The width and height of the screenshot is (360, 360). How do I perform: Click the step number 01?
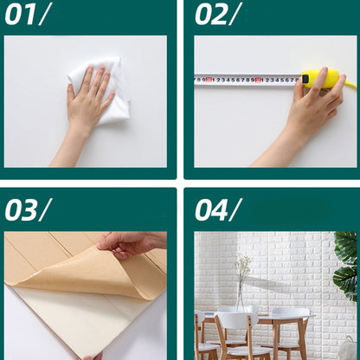click(x=21, y=15)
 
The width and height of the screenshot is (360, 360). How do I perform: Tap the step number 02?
click(x=211, y=15)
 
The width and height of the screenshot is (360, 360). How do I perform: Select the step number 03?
click(x=22, y=209)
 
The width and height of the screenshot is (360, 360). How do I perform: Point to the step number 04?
click(x=211, y=209)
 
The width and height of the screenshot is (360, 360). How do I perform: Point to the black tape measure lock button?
click(x=305, y=79)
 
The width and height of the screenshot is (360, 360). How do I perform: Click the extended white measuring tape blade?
click(x=247, y=80)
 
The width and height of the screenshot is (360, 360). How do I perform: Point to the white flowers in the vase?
click(x=242, y=267)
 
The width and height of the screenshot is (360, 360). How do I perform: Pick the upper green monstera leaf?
click(x=346, y=247)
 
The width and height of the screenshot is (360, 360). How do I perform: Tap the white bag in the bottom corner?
click(x=348, y=348)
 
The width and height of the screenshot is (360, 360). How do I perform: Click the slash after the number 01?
click(x=44, y=15)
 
